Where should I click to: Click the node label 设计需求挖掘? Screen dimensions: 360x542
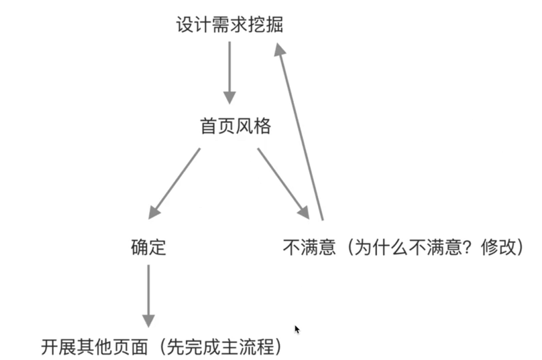[x=230, y=25]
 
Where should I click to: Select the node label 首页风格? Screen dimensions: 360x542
[x=235, y=127]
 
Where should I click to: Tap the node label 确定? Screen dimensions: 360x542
[x=149, y=248]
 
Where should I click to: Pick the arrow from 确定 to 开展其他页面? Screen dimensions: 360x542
[x=149, y=295]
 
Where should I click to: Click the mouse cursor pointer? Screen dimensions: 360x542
[x=297, y=329]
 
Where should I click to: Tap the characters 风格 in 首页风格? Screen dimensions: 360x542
[x=253, y=127]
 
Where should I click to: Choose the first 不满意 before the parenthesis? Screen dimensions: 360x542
[x=309, y=248]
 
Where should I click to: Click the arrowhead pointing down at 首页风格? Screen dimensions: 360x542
[x=230, y=98]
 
